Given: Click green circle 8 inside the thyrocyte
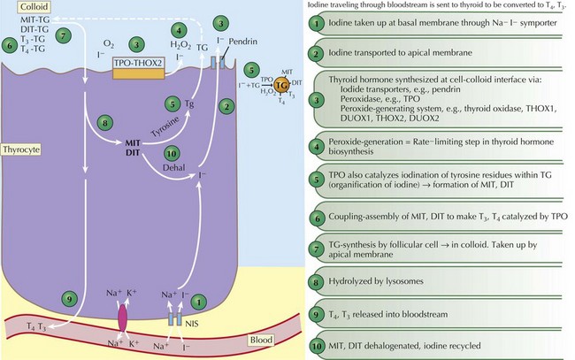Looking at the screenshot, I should pos(104,124).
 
